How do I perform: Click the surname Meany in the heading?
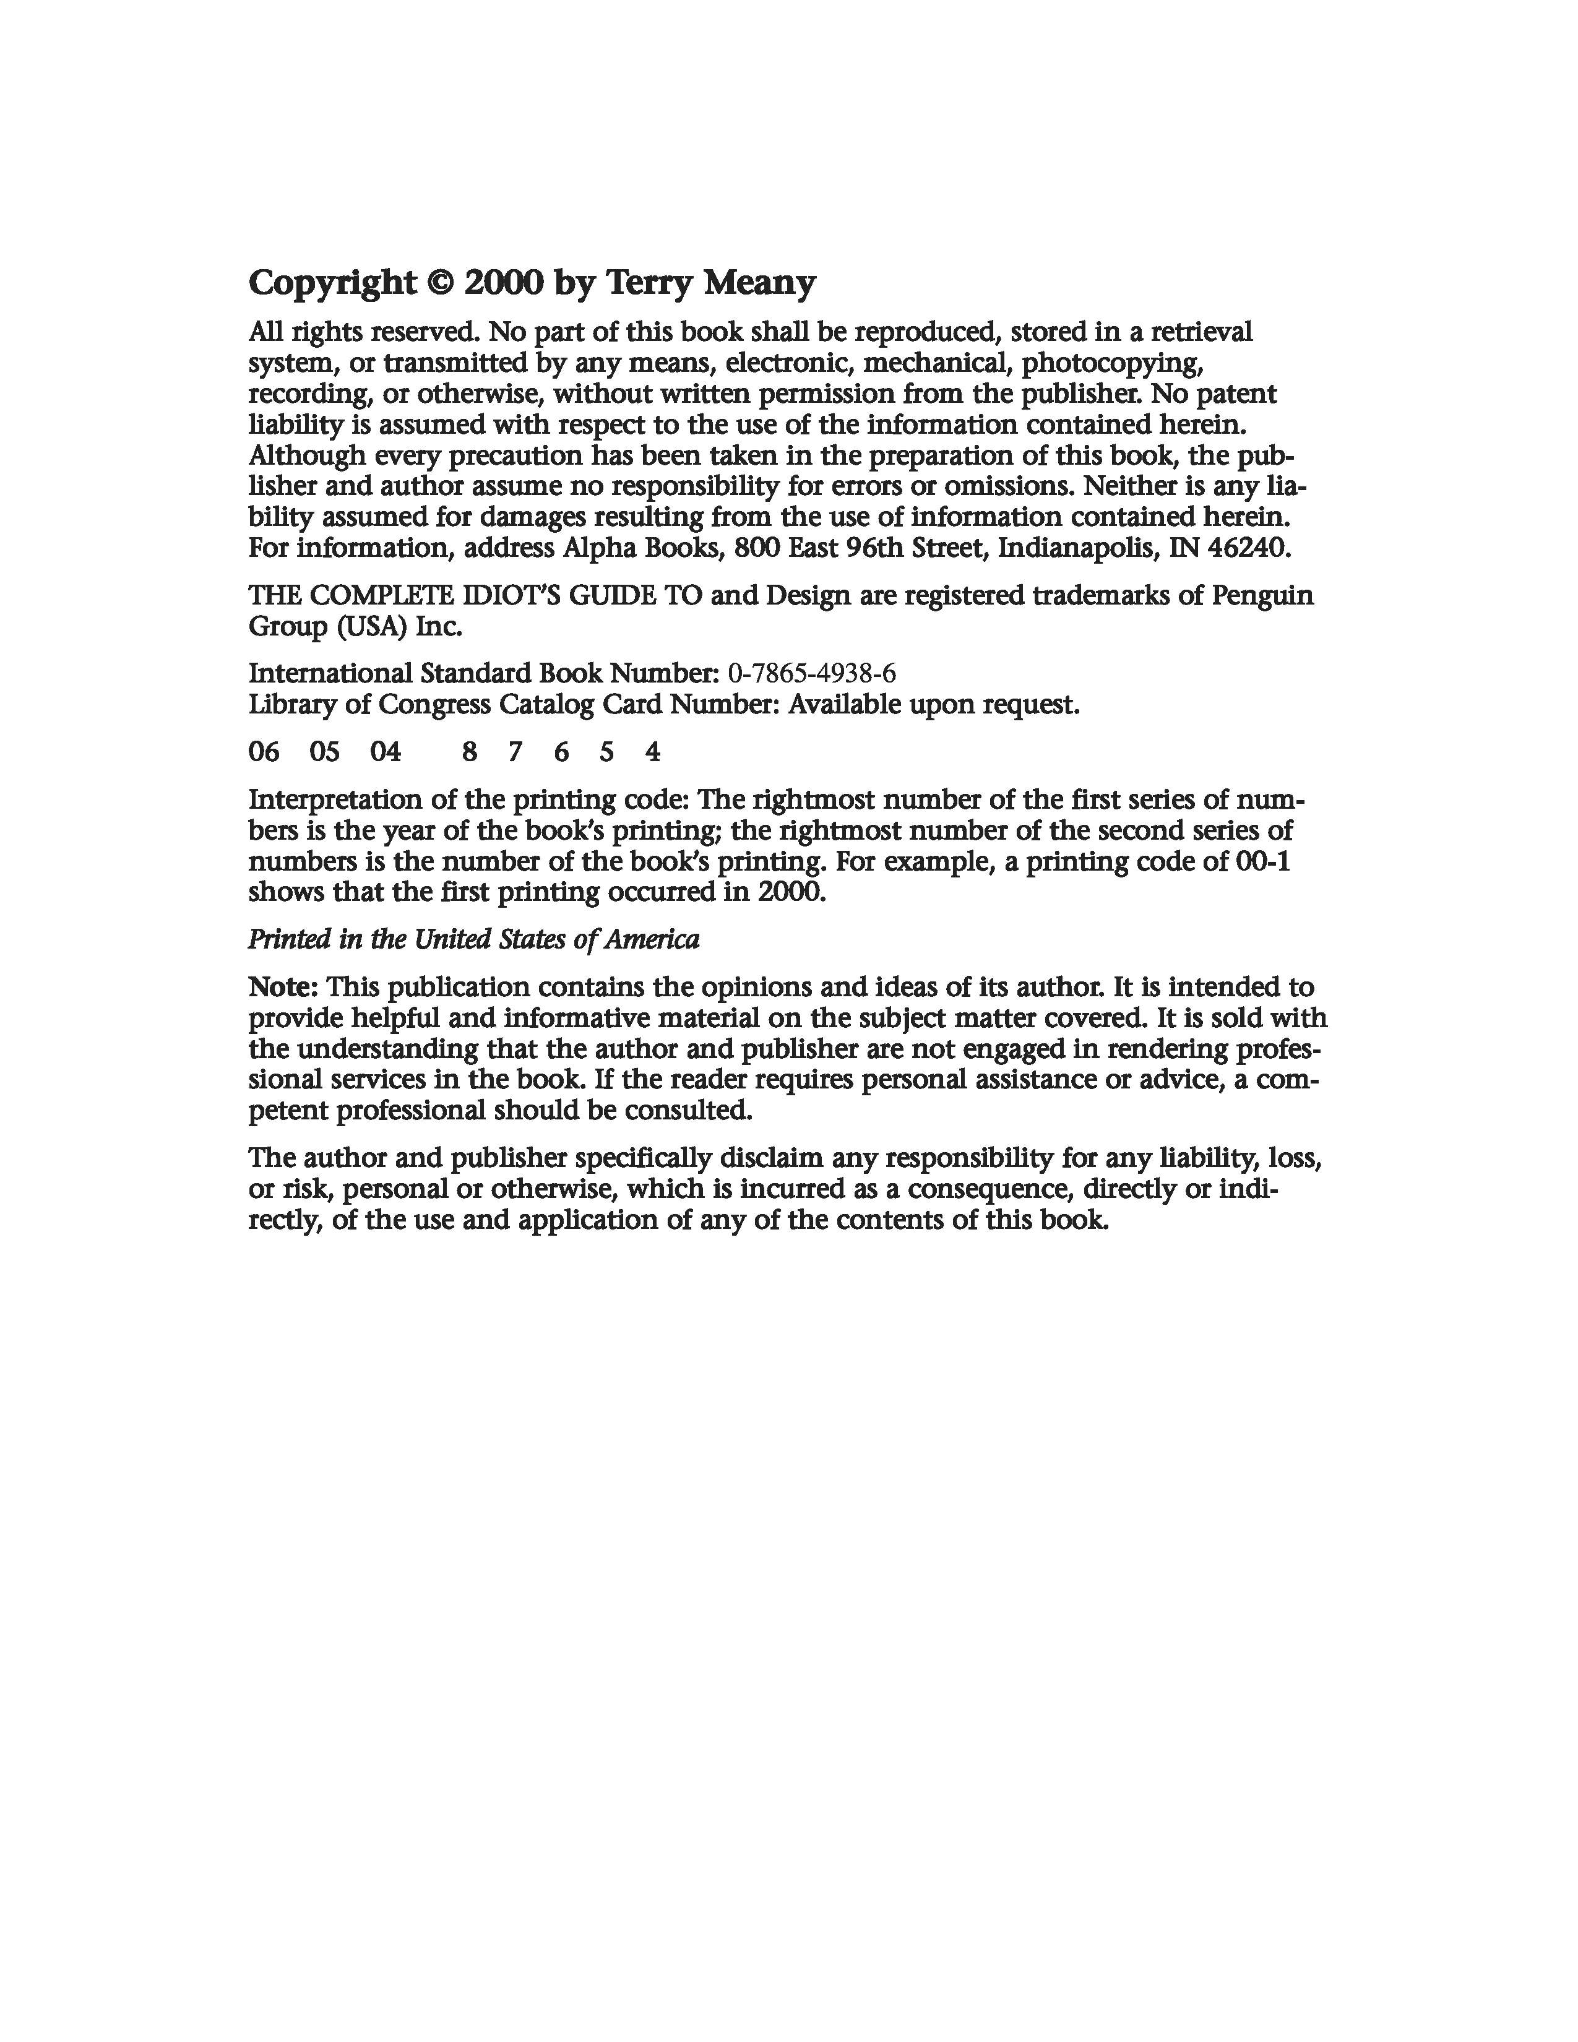click(x=759, y=282)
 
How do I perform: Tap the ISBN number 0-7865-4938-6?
click(x=811, y=673)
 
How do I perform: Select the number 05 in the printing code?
click(x=324, y=752)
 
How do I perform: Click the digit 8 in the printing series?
click(x=469, y=752)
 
